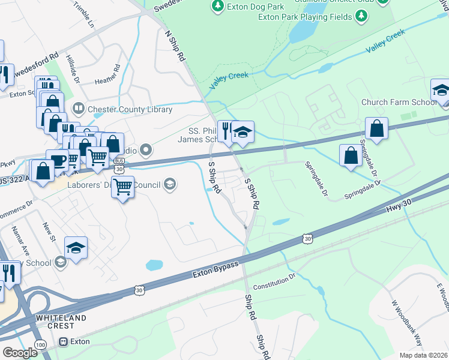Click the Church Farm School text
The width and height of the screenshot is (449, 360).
pos(399,102)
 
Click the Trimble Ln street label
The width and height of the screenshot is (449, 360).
pos(83,16)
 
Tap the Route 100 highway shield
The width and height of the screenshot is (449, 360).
pos(40,345)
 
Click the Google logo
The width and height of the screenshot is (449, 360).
pos(19,352)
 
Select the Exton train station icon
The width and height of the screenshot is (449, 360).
pos(63,342)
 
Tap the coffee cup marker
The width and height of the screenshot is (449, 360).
pos(58,160)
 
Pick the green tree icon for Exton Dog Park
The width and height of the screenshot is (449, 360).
pos(217,7)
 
